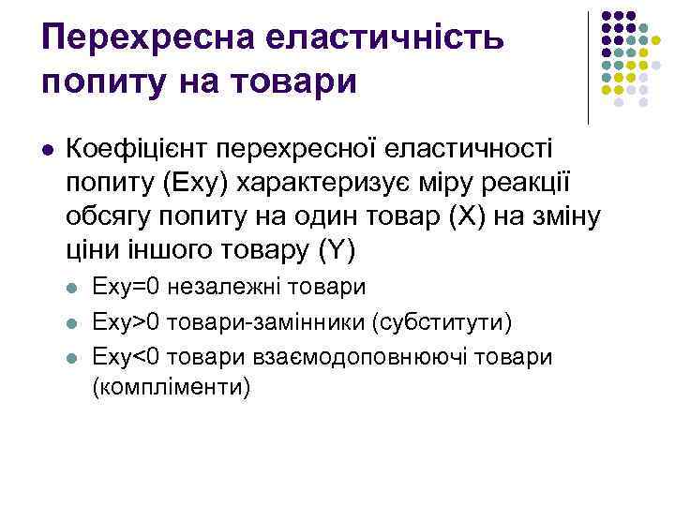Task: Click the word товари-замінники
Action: pyautogui.click(x=266, y=322)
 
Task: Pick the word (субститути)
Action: pyautogui.click(x=442, y=322)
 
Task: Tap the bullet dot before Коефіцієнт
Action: pyautogui.click(x=49, y=148)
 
